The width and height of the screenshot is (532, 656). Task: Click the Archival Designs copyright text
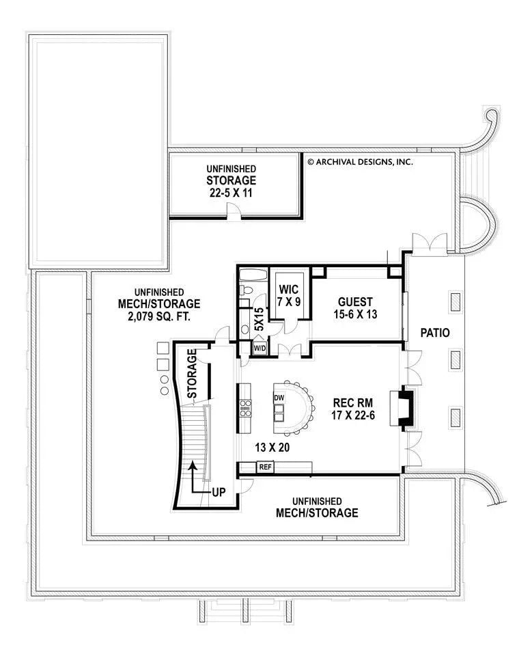tap(360, 162)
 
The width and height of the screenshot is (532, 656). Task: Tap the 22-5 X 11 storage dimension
tap(232, 193)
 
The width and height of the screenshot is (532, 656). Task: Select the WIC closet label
tap(285, 288)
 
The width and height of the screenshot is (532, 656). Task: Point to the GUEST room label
tap(355, 301)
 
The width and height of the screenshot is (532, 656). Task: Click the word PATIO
tap(435, 333)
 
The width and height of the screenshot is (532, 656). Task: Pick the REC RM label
tap(352, 402)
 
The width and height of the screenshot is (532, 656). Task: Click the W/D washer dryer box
tap(260, 348)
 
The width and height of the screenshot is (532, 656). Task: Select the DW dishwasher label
tap(279, 398)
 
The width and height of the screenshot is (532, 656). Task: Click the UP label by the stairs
tap(219, 491)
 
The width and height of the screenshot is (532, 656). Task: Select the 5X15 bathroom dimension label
tap(260, 319)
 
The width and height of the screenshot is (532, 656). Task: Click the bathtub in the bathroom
tap(252, 276)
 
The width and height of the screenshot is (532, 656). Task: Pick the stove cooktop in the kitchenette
tap(245, 408)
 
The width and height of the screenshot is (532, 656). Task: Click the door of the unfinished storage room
tap(235, 216)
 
